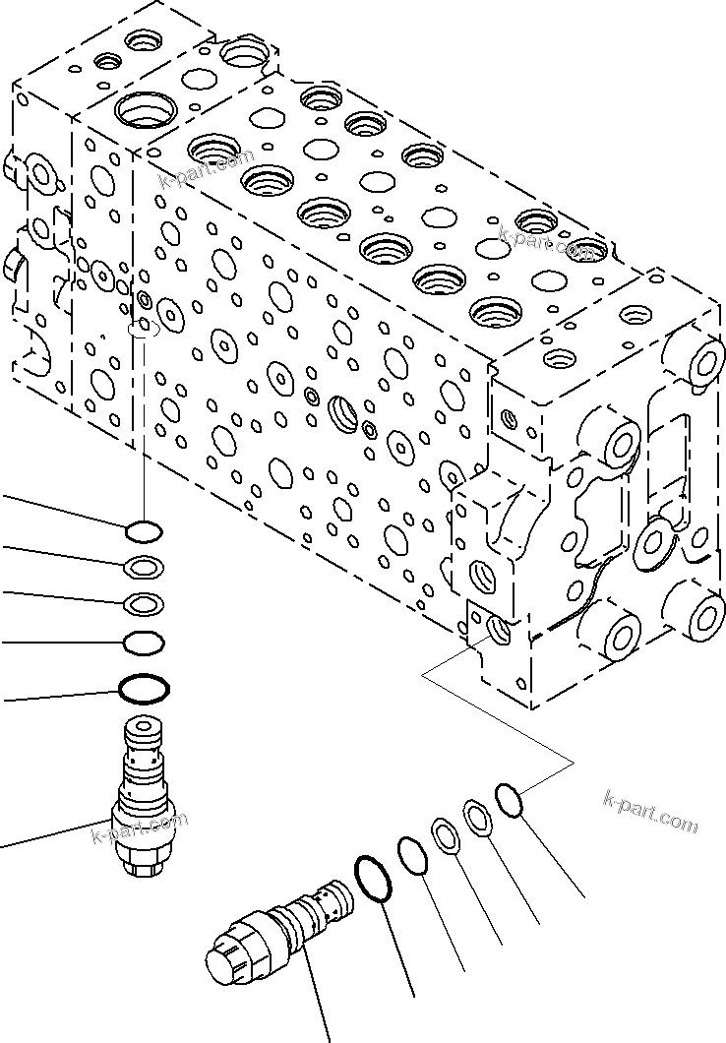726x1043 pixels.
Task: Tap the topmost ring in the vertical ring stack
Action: pos(144,531)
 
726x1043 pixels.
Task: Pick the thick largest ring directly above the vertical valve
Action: pos(145,689)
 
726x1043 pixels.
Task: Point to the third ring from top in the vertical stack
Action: pos(144,603)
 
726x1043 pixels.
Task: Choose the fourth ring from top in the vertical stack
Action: pos(144,643)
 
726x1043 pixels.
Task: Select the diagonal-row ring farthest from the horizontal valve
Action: pos(510,798)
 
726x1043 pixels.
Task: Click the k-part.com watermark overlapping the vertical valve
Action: pos(139,828)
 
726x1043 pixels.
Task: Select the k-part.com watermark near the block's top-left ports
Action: pos(207,169)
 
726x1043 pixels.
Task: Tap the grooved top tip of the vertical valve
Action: pos(144,733)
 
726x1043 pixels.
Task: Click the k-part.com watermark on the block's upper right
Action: pos(546,241)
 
